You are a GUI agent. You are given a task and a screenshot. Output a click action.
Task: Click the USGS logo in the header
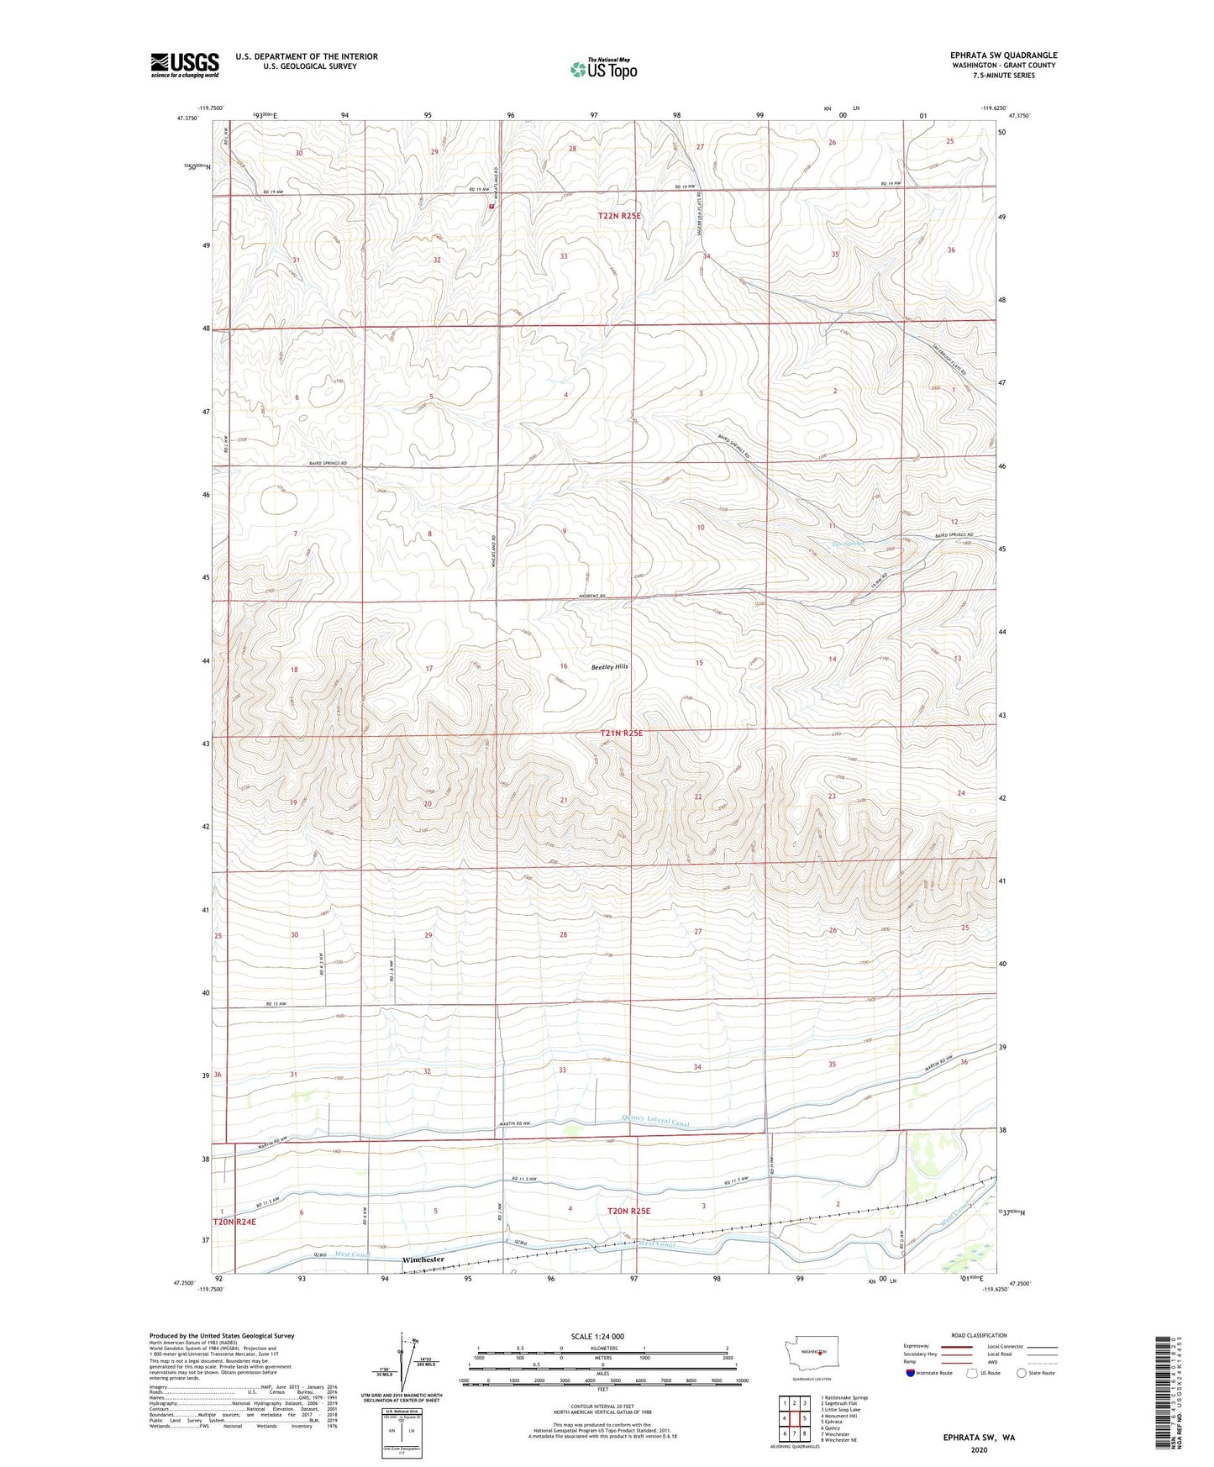185,64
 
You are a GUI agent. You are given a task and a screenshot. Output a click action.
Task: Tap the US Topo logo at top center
602,69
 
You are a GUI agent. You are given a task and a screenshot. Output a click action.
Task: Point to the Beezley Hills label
609,666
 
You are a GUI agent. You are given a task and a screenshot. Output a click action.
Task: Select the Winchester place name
423,1259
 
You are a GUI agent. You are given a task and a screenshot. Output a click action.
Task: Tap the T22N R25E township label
619,216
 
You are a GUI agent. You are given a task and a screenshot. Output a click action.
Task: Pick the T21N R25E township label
621,733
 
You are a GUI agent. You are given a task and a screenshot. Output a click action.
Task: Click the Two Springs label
848,544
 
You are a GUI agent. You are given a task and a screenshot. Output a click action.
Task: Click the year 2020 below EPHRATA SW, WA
979,1450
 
